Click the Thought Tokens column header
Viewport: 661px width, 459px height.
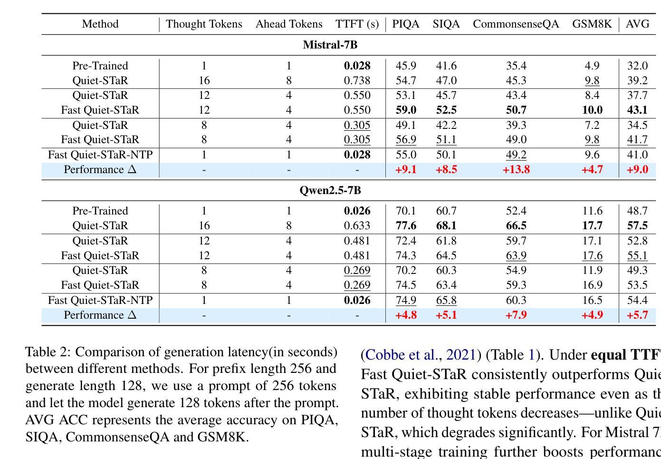(204, 24)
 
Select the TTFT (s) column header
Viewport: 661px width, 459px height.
(357, 24)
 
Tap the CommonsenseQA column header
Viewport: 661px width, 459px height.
(516, 24)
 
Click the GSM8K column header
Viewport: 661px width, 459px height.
(592, 24)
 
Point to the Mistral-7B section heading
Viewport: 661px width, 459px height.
(330, 45)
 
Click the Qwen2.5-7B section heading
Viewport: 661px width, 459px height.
(330, 190)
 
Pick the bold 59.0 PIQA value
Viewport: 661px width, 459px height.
(406, 110)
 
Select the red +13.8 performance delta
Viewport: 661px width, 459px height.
(516, 169)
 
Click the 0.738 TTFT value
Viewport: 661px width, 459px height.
(357, 80)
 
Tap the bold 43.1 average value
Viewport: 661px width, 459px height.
(637, 110)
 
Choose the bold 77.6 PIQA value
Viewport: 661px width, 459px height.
(406, 225)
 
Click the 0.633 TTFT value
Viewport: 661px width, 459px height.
(357, 225)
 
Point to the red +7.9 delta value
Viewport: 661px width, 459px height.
(516, 315)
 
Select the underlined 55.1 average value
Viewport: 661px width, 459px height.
(637, 255)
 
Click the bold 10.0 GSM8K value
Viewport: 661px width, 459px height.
(592, 110)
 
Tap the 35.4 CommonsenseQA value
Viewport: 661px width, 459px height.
(516, 66)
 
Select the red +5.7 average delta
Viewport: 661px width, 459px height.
(637, 315)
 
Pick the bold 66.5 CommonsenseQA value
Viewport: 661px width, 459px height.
(516, 225)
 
